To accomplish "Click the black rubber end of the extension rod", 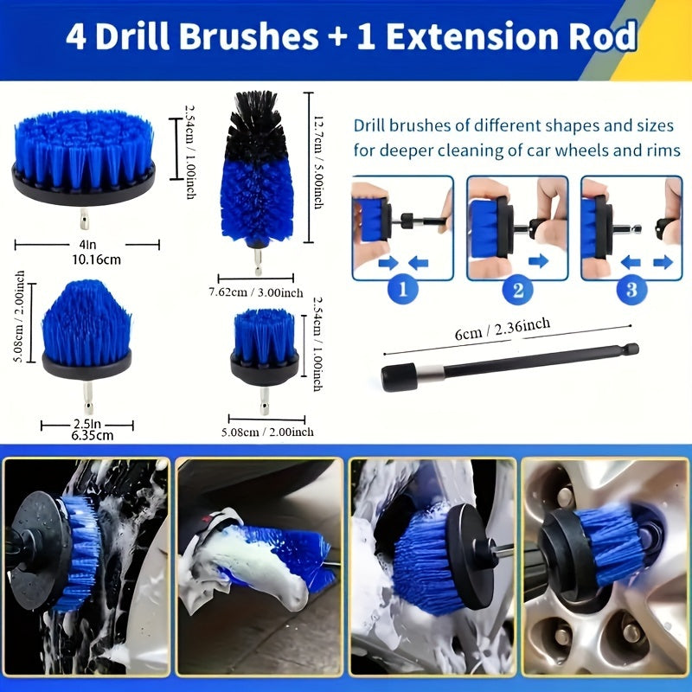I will (x=400, y=377).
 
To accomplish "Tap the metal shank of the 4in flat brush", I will (x=84, y=217).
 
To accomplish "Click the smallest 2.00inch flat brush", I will (x=265, y=342).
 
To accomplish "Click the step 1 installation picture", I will (x=403, y=227).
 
